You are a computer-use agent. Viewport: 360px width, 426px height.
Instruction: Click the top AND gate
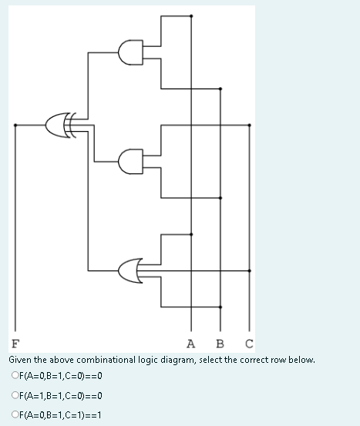tap(130, 53)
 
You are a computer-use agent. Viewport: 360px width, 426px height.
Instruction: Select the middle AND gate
tap(130, 161)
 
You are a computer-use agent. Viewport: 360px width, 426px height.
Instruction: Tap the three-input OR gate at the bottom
tap(130, 270)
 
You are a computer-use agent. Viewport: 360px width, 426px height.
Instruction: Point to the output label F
tap(15, 344)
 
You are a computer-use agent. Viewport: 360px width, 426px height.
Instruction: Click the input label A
tap(191, 344)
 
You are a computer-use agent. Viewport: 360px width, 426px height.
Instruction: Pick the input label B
tap(220, 344)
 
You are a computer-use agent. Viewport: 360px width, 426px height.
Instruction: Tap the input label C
tap(248, 344)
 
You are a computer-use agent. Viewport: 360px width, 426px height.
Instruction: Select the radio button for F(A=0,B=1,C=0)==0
tap(15, 377)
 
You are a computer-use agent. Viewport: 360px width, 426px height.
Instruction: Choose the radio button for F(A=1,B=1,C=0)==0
tap(15, 396)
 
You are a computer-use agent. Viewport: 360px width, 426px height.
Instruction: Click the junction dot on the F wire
tap(15, 123)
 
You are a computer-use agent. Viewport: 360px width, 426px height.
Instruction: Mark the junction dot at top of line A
tap(191, 17)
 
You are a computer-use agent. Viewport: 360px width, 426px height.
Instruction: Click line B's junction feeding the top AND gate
tap(220, 89)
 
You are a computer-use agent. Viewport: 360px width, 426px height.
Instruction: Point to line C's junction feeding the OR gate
tap(248, 270)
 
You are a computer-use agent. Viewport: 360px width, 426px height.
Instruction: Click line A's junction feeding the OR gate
tap(191, 234)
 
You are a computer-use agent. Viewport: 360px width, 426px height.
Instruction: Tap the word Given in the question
tap(22, 360)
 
